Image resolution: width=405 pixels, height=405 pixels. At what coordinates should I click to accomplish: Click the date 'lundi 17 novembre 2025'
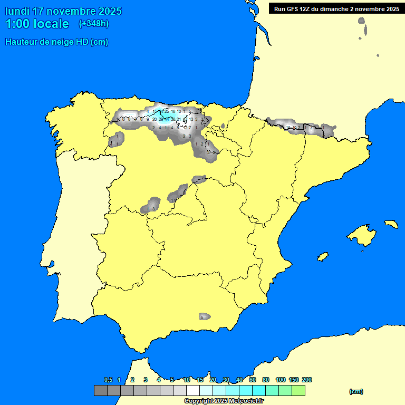[x=63, y=11]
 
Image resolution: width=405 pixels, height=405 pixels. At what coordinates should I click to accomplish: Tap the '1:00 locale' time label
[x=37, y=24]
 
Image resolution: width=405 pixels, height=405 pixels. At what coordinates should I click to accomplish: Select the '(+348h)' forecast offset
[x=93, y=24]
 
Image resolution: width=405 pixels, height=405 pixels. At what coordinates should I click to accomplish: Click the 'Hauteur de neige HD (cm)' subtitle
[x=56, y=42]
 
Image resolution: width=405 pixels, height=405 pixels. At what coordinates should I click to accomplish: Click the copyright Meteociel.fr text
[x=224, y=401]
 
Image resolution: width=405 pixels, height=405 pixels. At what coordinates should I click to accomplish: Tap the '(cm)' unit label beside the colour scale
[x=356, y=391]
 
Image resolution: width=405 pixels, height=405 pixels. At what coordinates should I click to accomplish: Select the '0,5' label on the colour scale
[x=108, y=380]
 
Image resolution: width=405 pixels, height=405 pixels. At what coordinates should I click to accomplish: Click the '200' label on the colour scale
[x=306, y=380]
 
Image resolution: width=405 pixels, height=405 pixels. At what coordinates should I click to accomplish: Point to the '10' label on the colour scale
[x=187, y=380]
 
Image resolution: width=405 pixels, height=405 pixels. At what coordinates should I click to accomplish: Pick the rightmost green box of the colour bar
[x=298, y=390]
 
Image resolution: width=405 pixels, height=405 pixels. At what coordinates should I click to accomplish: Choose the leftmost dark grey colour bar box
[x=100, y=390]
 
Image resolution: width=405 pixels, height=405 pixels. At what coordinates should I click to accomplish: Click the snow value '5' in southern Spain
[x=201, y=317]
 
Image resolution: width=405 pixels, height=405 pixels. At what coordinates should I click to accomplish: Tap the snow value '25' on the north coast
[x=166, y=111]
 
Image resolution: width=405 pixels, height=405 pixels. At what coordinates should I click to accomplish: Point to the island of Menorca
[x=391, y=224]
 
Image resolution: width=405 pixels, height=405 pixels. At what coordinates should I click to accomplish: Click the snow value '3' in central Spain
[x=153, y=209]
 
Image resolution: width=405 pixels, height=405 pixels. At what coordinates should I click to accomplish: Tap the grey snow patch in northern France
[x=361, y=21]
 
